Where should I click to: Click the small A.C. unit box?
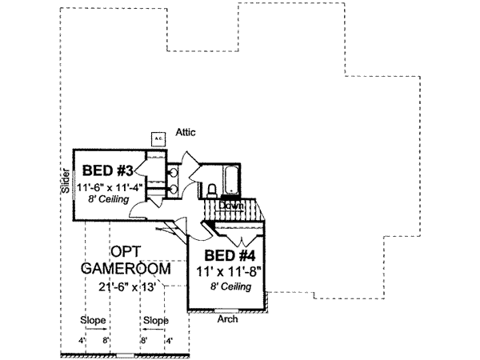coord(158,137)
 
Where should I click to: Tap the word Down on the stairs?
coord(231,205)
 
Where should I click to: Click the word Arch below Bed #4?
coord(227,318)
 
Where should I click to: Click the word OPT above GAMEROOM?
coord(125,251)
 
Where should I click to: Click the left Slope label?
coord(94,320)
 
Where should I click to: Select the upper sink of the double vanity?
coord(173,173)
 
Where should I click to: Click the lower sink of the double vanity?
coord(173,190)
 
